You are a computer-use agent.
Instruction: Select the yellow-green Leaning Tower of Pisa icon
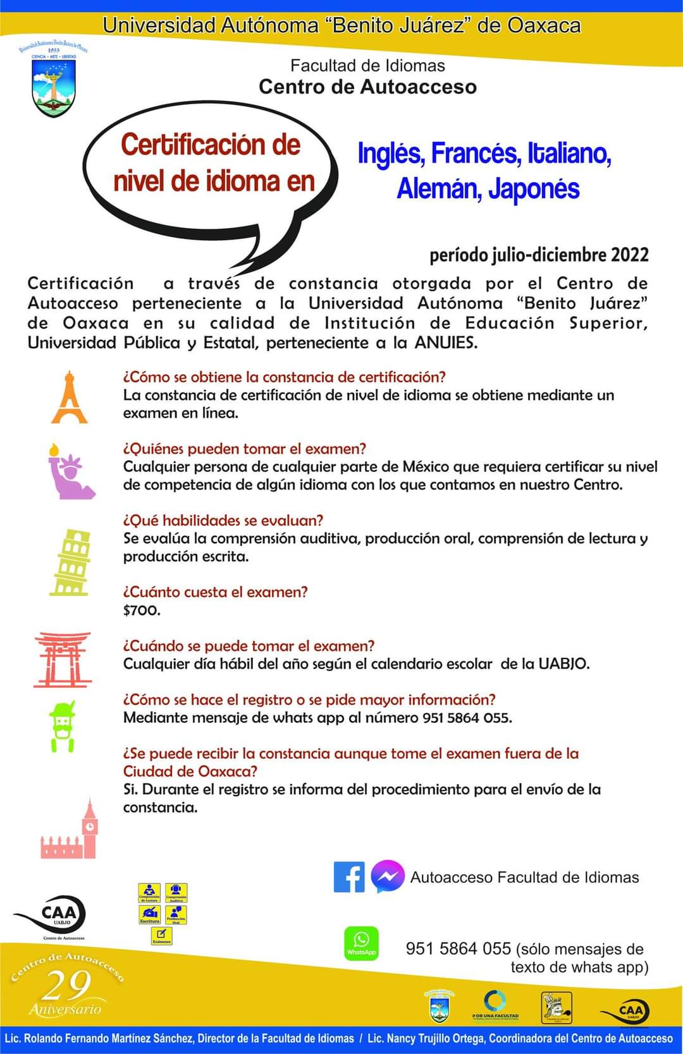point(70,562)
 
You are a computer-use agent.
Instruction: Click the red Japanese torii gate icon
point(63,659)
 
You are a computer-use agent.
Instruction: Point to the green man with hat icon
point(62,725)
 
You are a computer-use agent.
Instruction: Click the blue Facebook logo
point(349,877)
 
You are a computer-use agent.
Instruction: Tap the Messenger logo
point(387,877)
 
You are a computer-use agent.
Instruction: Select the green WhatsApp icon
point(361,943)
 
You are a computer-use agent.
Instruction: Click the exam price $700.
point(142,610)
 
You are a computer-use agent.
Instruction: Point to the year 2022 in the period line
point(629,255)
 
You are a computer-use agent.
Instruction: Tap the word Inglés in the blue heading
point(390,153)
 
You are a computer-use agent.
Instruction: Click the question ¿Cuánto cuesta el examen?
point(215,592)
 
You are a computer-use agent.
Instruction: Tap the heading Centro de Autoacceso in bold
point(367,87)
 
